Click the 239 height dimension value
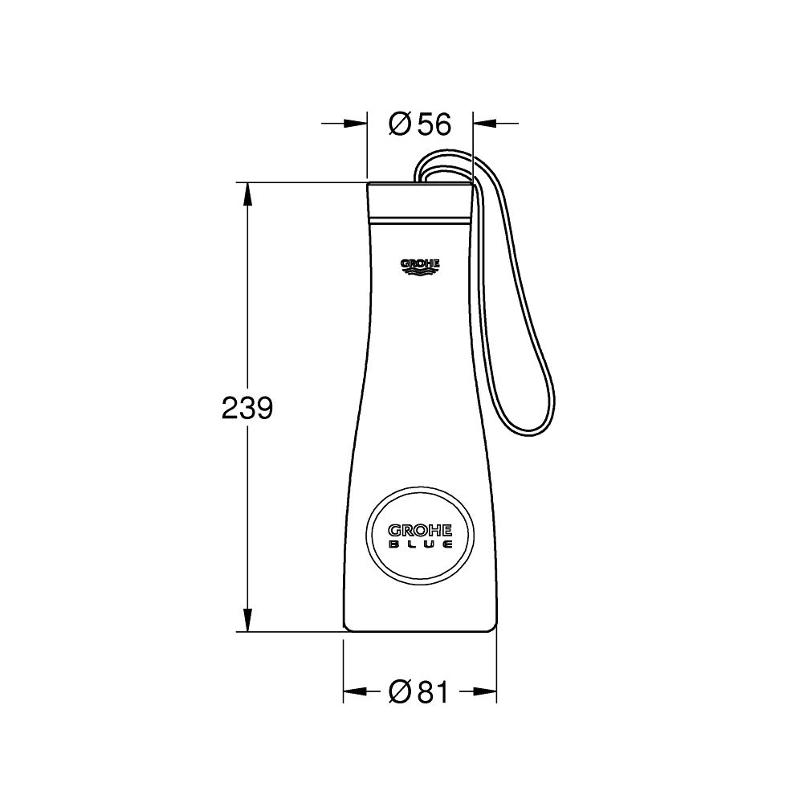coord(247,409)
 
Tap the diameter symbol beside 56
coord(399,124)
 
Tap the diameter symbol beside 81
coord(399,691)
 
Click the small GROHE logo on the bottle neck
coord(420,264)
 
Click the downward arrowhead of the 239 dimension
coord(247,622)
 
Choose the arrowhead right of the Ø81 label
coord(483,691)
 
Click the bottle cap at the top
coord(419,199)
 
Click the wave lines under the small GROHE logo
coord(420,273)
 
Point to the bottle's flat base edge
coord(420,631)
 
